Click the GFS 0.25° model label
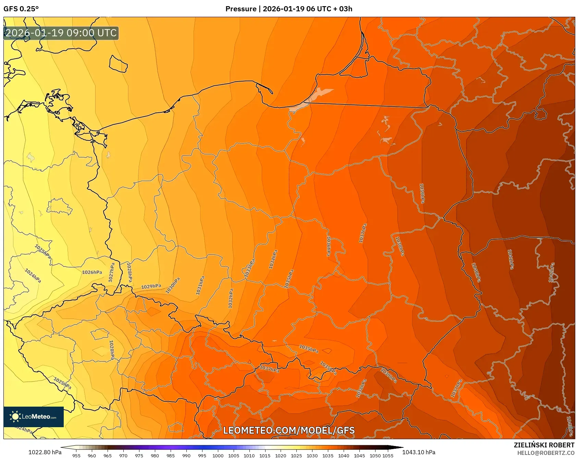coord(21,9)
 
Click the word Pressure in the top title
coord(241,9)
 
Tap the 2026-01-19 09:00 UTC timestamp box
coord(61,33)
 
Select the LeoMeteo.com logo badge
coord(34,417)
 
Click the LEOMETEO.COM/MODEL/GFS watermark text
coord(289,430)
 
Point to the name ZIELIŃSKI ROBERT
coord(544,445)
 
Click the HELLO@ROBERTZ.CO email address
coord(545,453)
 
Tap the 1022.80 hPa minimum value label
coord(45,452)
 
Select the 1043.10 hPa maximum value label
coord(419,452)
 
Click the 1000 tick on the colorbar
coord(218,456)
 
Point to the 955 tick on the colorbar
coord(76,456)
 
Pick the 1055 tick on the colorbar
coord(388,456)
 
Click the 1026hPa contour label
coord(92,272)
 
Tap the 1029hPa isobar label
coord(151,286)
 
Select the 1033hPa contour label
coord(250,268)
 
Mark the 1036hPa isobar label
coord(328,246)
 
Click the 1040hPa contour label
coord(476,272)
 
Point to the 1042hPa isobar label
coord(551,272)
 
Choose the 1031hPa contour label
coord(200,285)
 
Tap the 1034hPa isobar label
coord(273,259)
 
